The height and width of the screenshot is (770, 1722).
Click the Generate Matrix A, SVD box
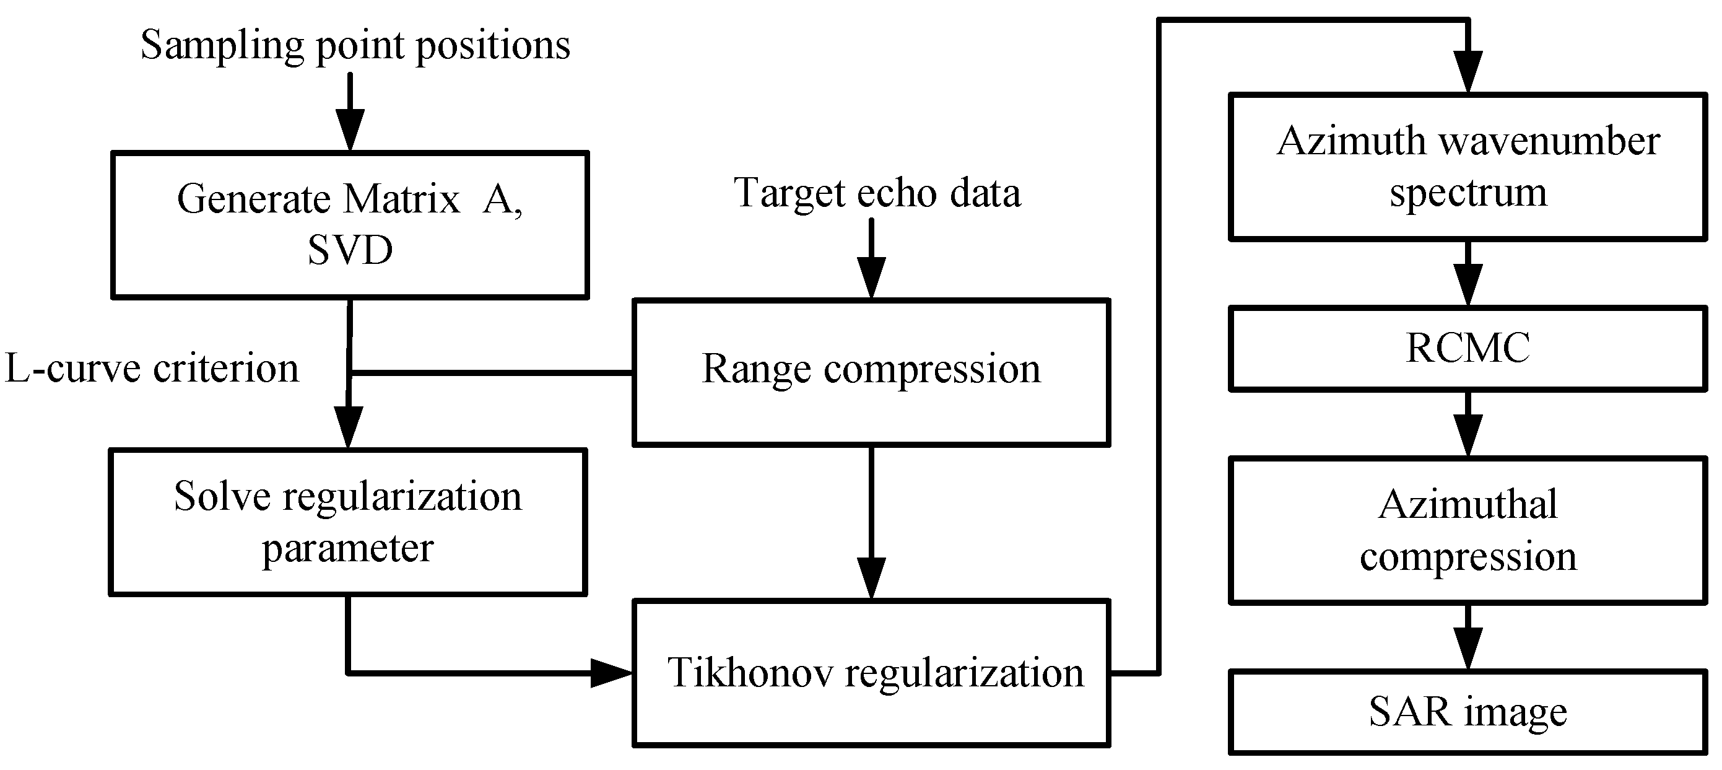click(350, 225)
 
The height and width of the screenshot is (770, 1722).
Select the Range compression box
click(871, 372)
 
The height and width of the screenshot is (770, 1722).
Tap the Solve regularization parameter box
click(347, 522)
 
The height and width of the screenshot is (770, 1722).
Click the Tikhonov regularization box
click(871, 672)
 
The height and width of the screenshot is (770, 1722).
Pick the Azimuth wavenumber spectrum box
click(1468, 167)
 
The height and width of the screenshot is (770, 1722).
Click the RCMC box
click(1468, 348)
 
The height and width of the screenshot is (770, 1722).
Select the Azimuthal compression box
click(1468, 530)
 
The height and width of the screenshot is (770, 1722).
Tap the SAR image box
click(1468, 712)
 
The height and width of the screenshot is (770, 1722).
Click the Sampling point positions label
click(355, 45)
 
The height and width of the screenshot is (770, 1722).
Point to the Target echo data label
click(877, 193)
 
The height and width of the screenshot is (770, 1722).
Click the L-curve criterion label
click(152, 369)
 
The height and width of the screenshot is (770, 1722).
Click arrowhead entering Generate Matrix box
click(350, 132)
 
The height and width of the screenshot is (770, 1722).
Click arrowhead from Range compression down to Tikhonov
click(871, 579)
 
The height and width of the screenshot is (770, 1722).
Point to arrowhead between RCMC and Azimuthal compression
click(1468, 436)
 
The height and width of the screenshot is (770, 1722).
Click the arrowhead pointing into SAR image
click(1468, 649)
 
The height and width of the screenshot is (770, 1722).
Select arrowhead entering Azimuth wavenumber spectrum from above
click(1468, 72)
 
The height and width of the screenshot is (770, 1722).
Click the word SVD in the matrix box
click(350, 251)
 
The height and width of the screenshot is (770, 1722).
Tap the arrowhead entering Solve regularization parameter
click(347, 428)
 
